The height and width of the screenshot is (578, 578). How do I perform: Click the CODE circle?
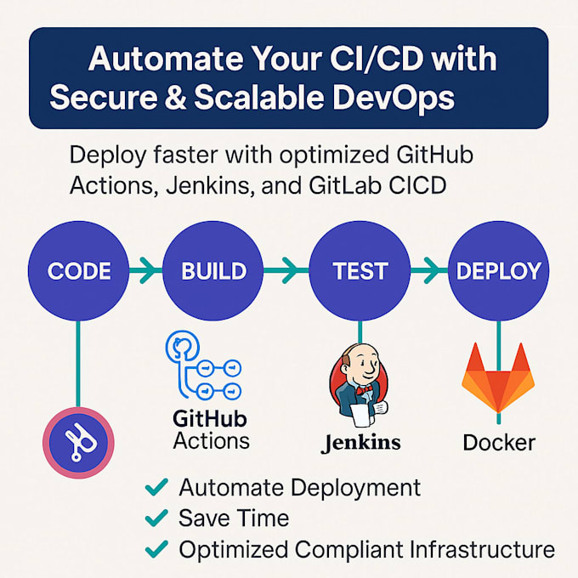79,272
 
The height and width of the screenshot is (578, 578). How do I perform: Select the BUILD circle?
213,272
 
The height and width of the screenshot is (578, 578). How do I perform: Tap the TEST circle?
360,272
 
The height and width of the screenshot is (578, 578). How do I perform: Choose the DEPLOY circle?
499,272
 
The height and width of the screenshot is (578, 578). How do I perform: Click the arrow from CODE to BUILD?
146,272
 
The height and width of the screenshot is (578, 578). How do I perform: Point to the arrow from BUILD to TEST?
286,272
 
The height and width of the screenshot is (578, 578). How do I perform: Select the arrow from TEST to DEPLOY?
430,272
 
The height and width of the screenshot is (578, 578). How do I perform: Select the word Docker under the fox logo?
499,443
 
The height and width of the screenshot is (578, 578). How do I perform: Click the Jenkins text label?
361,443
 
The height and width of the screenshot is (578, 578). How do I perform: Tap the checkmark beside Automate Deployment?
156,487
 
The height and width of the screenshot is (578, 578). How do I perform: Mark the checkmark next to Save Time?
156,517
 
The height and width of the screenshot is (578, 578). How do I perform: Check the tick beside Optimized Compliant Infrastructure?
156,548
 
